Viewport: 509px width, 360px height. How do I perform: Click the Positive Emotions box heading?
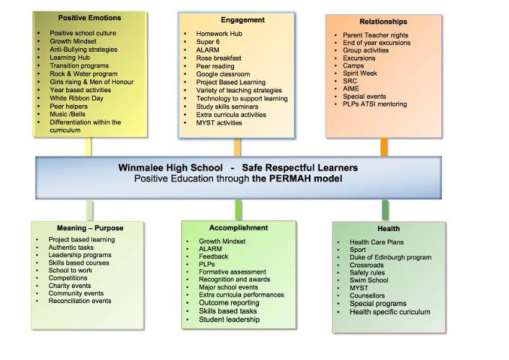(89, 18)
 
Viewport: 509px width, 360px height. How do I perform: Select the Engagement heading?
(243, 20)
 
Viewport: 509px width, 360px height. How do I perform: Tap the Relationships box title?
(383, 22)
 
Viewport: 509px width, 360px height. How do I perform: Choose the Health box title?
(388, 229)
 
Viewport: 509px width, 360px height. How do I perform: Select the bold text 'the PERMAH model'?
(297, 178)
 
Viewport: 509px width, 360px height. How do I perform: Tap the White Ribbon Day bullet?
(76, 98)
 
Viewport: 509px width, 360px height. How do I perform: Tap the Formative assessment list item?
(232, 271)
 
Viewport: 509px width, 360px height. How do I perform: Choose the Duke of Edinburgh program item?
(390, 257)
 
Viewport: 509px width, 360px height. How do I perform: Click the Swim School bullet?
(369, 281)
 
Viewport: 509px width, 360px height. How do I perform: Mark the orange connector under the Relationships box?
(384, 147)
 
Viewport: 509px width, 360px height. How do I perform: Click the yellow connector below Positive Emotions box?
(89, 147)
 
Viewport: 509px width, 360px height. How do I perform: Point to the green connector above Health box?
(385, 210)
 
